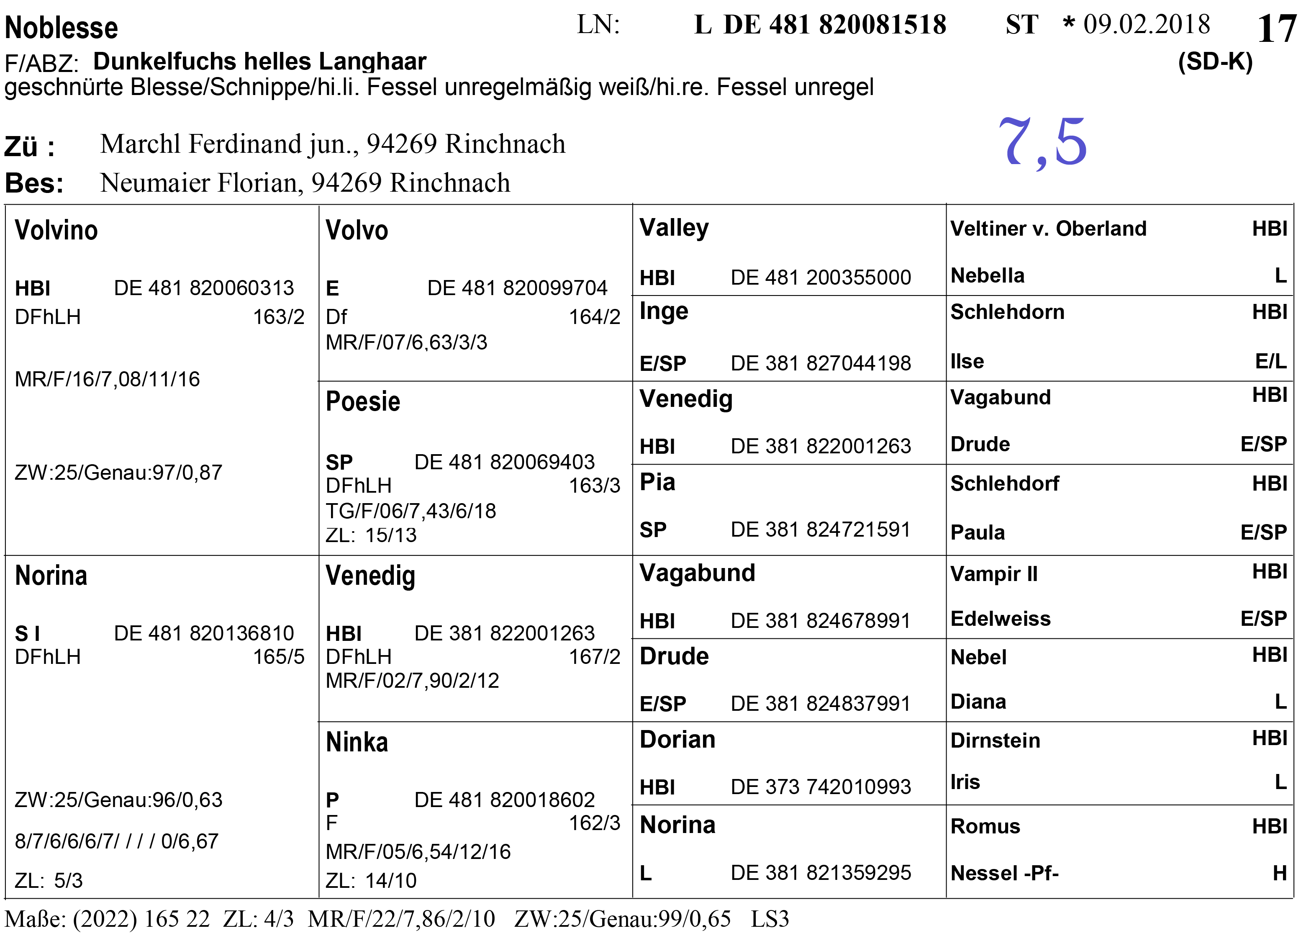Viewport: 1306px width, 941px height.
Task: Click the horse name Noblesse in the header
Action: point(61,28)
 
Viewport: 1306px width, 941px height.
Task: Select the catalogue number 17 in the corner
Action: point(1276,29)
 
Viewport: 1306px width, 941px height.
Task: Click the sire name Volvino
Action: point(56,230)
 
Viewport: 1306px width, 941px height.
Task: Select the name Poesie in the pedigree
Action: point(363,401)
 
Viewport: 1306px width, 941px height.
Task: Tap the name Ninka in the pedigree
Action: point(357,742)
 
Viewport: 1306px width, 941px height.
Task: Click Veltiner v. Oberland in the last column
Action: point(1048,229)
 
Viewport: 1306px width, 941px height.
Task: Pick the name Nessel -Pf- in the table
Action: point(1004,873)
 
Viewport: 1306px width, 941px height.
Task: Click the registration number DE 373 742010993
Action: point(821,787)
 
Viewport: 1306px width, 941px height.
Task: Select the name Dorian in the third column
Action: point(677,739)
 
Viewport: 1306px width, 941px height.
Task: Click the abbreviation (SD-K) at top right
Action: point(1215,62)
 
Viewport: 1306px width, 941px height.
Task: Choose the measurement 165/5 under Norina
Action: point(279,656)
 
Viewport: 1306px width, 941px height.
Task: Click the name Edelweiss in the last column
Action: point(1000,619)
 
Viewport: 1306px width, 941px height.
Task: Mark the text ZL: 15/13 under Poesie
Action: point(371,535)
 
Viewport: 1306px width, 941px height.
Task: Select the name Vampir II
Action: point(994,574)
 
